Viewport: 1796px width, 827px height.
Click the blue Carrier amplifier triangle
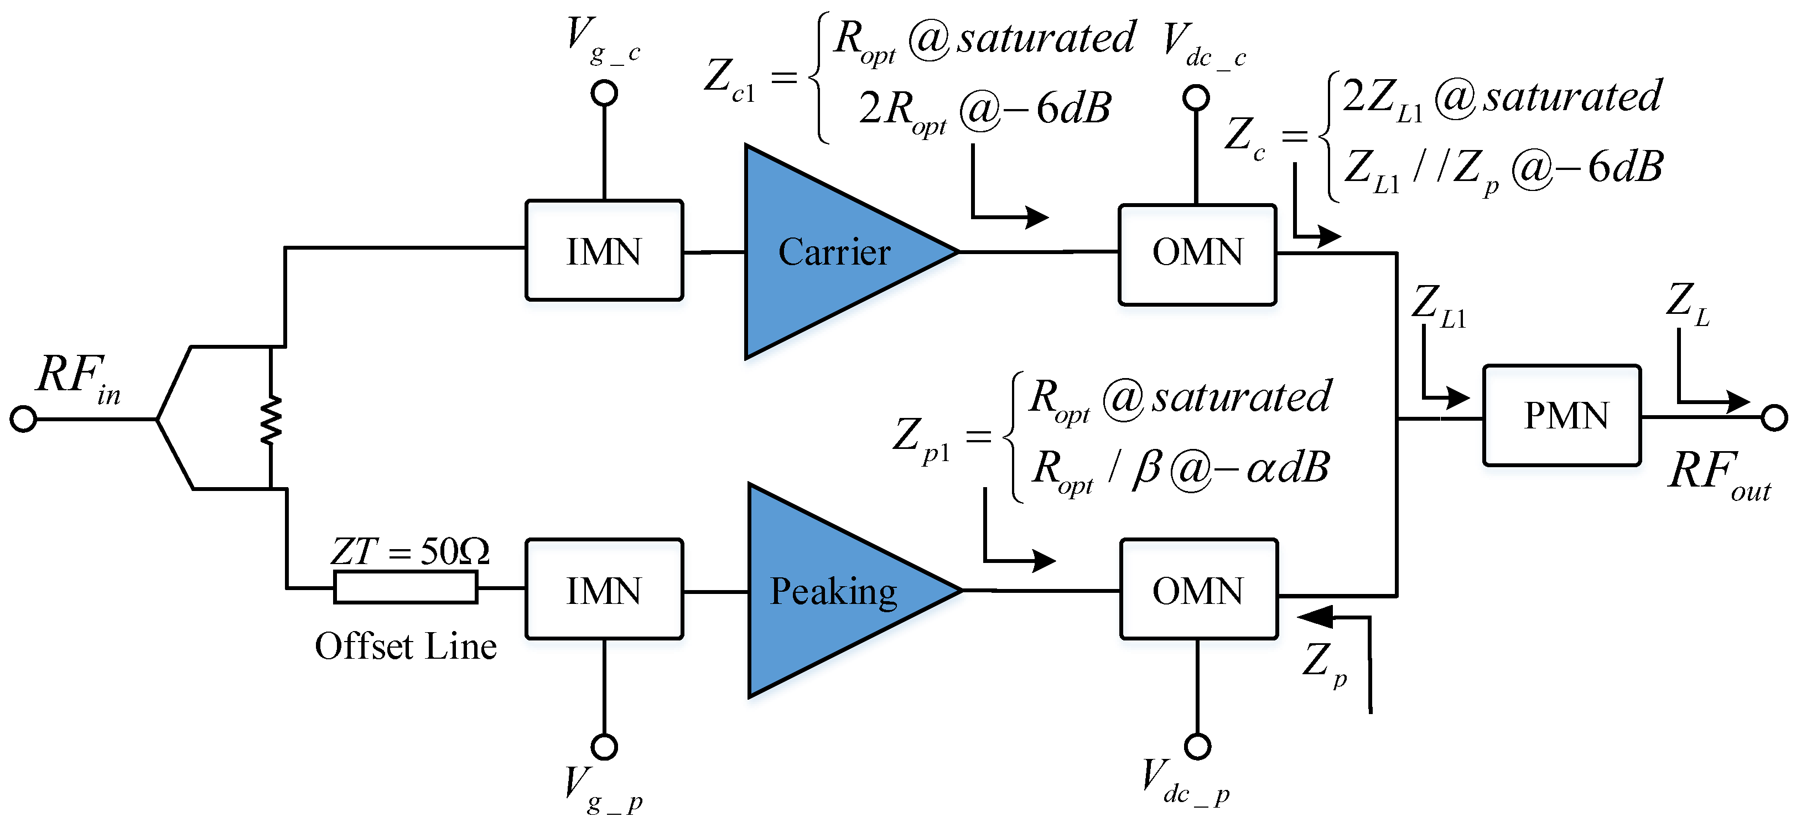click(830, 252)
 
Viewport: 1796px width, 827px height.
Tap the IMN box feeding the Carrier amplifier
click(604, 251)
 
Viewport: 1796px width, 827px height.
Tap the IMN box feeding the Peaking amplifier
click(604, 589)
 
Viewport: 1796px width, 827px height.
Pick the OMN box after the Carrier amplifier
click(1197, 255)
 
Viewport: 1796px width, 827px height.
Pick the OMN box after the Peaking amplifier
click(1198, 589)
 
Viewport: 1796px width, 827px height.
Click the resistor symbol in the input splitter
click(271, 419)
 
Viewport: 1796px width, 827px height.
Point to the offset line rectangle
click(406, 587)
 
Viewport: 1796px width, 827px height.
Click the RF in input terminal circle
click(23, 419)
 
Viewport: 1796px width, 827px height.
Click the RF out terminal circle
click(1774, 418)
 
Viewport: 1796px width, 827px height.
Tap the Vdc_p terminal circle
click(1198, 746)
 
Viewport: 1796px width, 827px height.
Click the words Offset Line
click(406, 647)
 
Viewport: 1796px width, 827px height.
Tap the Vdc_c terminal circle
click(1196, 99)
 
